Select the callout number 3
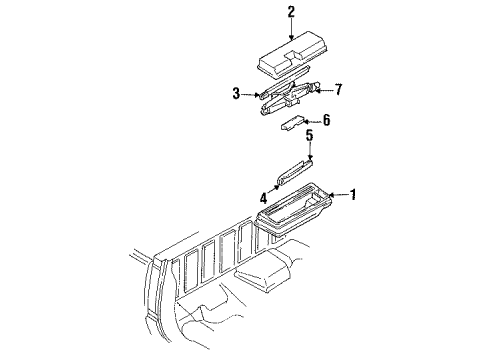(x=235, y=95)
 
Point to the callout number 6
(x=325, y=119)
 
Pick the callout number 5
(x=310, y=135)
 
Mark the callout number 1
(x=352, y=195)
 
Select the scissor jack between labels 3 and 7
(x=290, y=97)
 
